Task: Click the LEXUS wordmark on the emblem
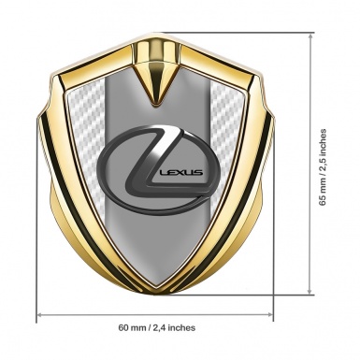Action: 180,172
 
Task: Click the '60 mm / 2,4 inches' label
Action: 157,327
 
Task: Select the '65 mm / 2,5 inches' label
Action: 323,167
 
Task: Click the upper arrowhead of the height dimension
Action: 310,36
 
